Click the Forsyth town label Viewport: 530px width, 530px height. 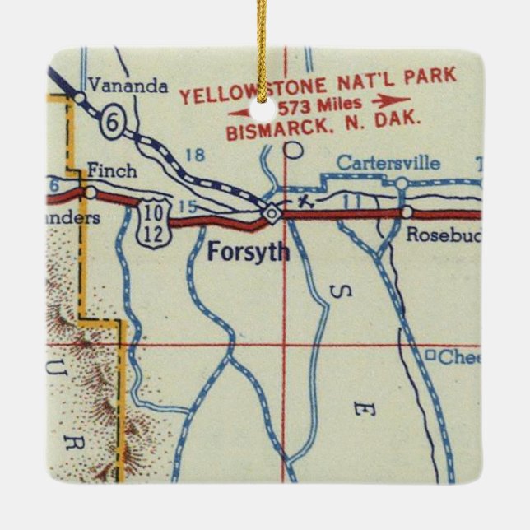(248, 252)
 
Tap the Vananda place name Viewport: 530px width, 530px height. (120, 83)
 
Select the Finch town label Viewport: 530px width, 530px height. (109, 172)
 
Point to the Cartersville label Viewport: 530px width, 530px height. (388, 163)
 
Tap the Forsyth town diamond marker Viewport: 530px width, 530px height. (271, 213)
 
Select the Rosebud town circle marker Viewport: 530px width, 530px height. (406, 212)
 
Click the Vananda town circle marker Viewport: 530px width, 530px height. (79, 97)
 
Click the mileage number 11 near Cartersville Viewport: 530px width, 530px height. (352, 200)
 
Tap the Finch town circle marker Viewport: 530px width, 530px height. (91, 193)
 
